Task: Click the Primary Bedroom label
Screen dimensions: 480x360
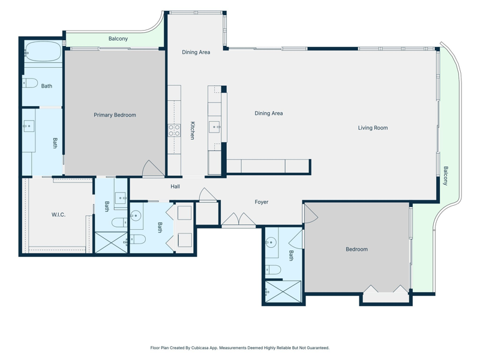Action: pos(115,115)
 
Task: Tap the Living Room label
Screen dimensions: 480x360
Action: pos(373,128)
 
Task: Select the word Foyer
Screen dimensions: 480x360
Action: pos(262,202)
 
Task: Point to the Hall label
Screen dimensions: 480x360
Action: pos(175,187)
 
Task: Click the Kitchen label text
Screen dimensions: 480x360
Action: pos(193,131)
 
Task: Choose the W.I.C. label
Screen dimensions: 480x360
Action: pos(58,215)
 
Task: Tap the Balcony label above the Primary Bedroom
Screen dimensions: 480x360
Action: pos(118,39)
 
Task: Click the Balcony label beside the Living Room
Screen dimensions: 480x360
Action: pos(446,176)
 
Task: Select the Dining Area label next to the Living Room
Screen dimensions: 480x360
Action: pos(269,113)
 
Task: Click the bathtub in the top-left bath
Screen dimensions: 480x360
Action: pos(43,52)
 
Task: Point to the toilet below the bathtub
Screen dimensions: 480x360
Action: pos(30,83)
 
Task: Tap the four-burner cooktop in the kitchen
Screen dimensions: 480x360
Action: pos(174,130)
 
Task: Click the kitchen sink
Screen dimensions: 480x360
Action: pos(214,127)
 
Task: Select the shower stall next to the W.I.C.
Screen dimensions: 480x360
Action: pos(111,242)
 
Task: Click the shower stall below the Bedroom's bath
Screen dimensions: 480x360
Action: pos(283,292)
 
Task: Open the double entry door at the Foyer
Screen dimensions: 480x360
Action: pos(238,220)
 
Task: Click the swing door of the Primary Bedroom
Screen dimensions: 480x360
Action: pos(154,169)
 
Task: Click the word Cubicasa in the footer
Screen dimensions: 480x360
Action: pos(199,348)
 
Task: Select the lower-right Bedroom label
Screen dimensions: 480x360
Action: pos(356,249)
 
